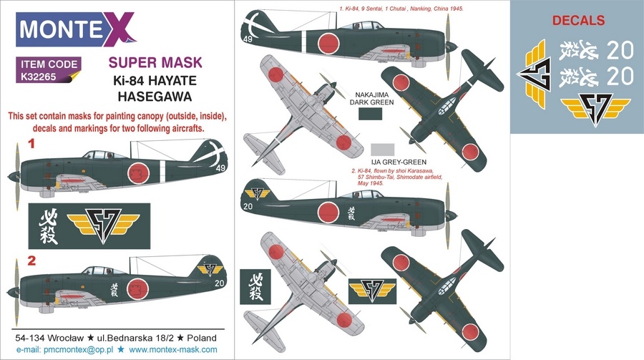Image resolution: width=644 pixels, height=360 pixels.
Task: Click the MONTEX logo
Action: click(76, 29)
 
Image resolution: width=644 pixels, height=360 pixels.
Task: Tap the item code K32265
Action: click(38, 76)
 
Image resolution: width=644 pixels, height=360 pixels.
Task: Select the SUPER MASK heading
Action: click(155, 62)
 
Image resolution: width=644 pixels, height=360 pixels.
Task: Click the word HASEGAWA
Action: click(155, 97)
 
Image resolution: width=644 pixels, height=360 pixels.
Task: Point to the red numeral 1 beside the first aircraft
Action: click(31, 144)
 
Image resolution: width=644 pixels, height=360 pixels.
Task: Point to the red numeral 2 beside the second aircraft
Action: click(31, 261)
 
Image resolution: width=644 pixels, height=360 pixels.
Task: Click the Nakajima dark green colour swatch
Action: click(370, 114)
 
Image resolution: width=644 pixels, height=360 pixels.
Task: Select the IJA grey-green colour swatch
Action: click(382, 150)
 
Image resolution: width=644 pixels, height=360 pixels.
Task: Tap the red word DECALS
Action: click(578, 21)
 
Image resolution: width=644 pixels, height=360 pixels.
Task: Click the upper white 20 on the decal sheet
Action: click(620, 51)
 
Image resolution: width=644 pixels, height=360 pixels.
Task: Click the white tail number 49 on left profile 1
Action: click(220, 167)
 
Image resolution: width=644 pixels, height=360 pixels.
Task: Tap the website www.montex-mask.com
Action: click(173, 350)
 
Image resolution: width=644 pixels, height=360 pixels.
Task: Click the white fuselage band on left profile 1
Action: click(162, 170)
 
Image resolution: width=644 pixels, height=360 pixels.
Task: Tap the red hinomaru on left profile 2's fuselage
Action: click(137, 289)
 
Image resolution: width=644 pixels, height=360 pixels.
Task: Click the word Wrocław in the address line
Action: click(66, 339)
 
